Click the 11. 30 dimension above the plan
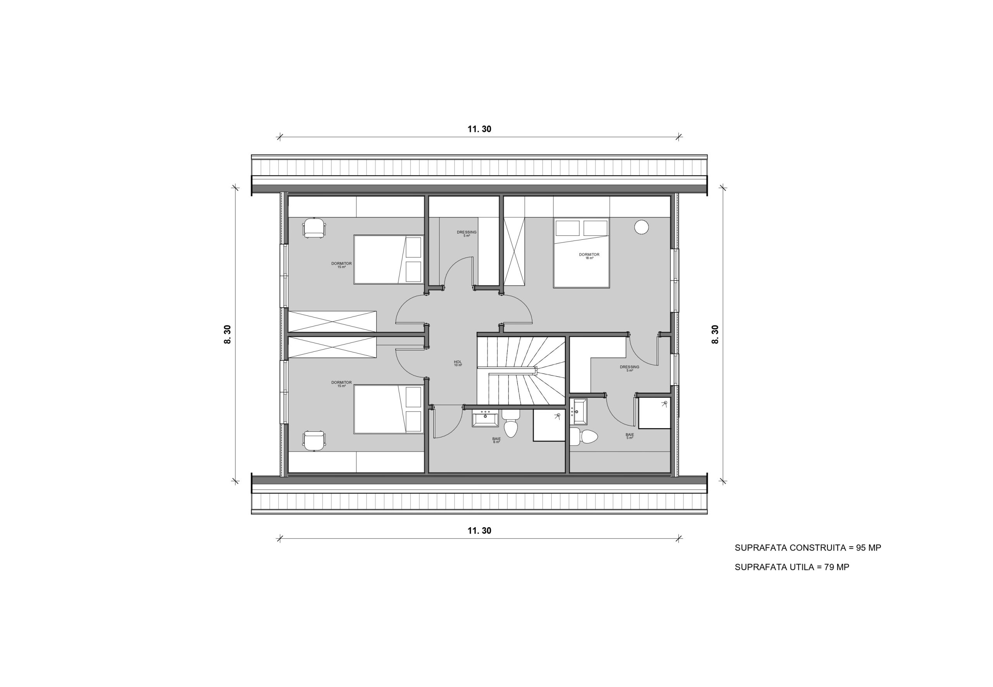tap(479, 129)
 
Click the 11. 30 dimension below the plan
tap(479, 531)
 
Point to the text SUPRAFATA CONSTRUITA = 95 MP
tap(808, 548)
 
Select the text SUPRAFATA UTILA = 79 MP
tap(792, 568)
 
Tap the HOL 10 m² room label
tap(458, 363)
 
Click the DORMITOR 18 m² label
tap(589, 256)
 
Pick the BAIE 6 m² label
tap(496, 440)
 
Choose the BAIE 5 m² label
tap(630, 436)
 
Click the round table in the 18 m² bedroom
tap(641, 227)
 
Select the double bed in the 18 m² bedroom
tap(581, 253)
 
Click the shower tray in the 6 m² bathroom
tap(549, 425)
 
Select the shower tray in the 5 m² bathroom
tap(654, 413)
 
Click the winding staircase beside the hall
tap(521, 370)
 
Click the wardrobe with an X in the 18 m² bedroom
tap(514, 252)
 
